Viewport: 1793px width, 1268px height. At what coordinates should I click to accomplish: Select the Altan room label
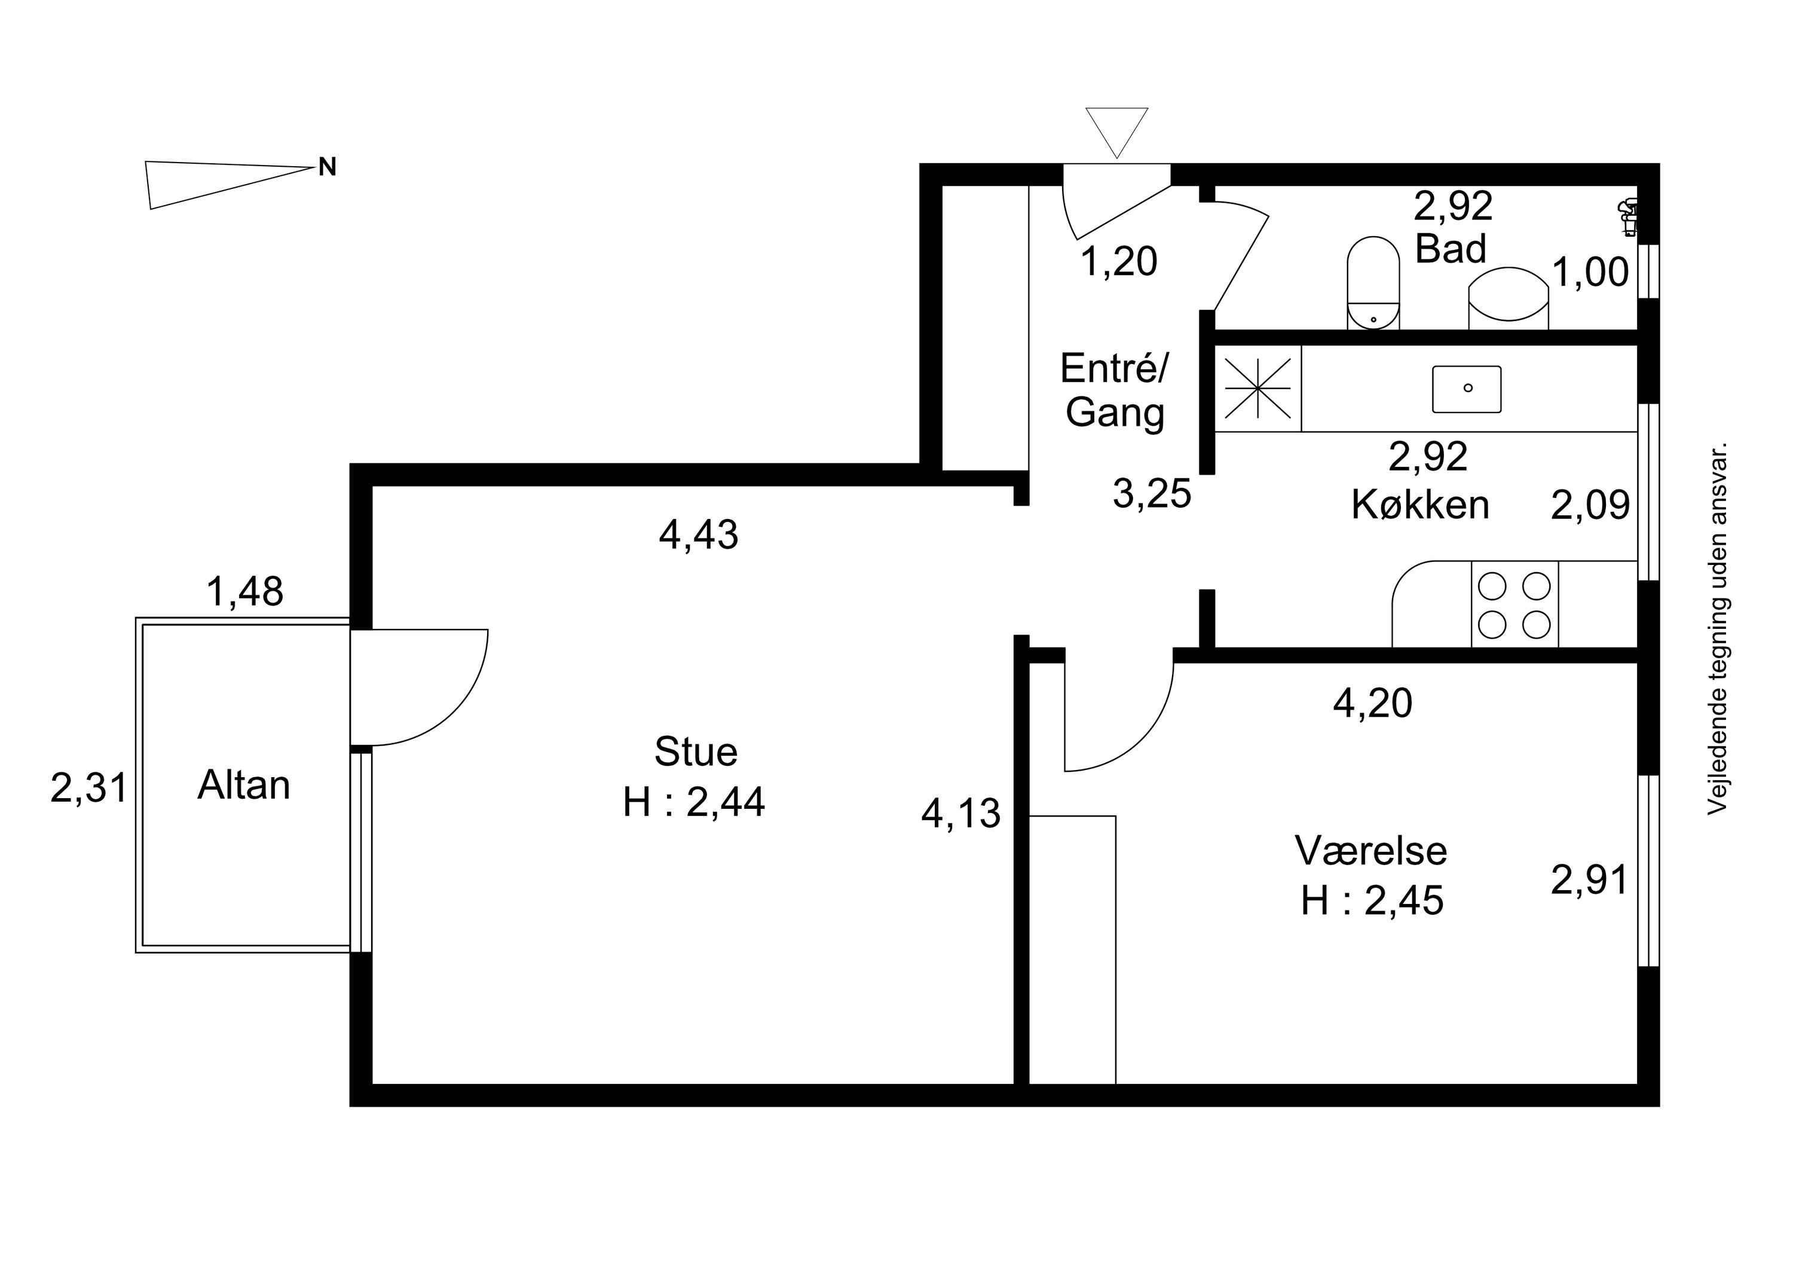244,784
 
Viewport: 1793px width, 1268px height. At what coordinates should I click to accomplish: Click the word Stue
696,751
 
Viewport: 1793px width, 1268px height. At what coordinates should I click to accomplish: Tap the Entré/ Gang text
1115,390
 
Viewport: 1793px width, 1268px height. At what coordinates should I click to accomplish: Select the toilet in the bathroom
1373,283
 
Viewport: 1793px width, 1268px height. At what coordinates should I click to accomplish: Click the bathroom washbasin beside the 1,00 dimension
1509,298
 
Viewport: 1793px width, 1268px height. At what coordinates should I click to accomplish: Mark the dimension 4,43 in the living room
699,535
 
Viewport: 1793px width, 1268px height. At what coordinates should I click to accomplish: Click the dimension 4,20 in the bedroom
1373,702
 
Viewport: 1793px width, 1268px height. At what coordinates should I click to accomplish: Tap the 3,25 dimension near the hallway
1152,493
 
